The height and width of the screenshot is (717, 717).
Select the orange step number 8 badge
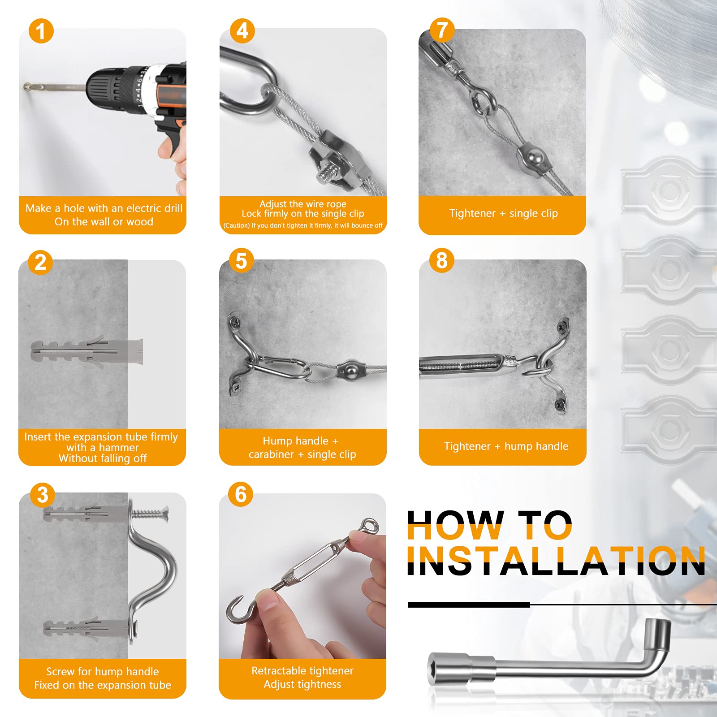click(442, 260)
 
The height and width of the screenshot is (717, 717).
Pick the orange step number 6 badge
click(241, 494)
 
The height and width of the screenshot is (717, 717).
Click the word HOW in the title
click(456, 525)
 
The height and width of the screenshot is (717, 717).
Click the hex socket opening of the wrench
click(436, 669)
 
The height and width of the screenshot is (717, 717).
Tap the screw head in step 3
click(164, 511)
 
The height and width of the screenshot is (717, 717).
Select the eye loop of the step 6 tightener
click(369, 526)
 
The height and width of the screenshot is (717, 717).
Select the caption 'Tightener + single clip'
click(503, 213)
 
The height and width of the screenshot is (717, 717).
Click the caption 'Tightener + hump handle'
click(506, 446)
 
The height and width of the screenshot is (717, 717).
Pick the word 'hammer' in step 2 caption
click(119, 448)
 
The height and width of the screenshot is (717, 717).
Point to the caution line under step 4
click(303, 225)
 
